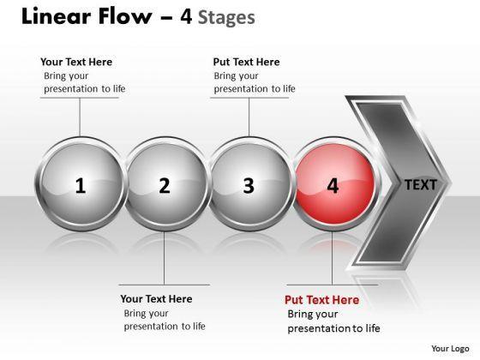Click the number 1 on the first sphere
coord(81,185)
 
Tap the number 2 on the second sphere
coord(165,185)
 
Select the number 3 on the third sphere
coord(249,185)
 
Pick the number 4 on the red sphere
coord(333,185)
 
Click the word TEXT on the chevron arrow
coord(421,185)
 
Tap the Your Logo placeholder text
coord(450,349)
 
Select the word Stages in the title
coord(226,17)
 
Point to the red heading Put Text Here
coord(321,300)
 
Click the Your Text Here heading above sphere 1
coord(76,62)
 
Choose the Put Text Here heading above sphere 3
coord(247,62)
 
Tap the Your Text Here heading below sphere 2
coord(156,299)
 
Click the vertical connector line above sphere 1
coord(80,117)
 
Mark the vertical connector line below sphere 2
coord(164,258)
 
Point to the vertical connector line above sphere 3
coord(249,117)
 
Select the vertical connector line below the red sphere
coord(333,258)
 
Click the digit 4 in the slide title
coord(186,16)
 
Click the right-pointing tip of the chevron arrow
coord(452,183)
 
